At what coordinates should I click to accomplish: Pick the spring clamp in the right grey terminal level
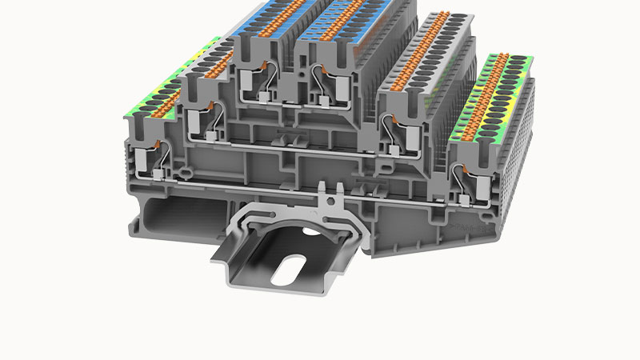coord(398,128)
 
